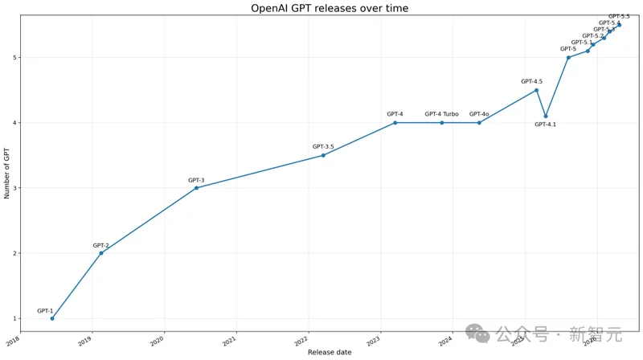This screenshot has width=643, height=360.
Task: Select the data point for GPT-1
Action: click(52, 318)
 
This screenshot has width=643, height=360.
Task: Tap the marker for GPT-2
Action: click(101, 253)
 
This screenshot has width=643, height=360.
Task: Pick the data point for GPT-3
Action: click(196, 188)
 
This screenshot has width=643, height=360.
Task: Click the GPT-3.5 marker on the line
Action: click(323, 155)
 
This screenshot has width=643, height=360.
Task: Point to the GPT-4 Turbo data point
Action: click(441, 123)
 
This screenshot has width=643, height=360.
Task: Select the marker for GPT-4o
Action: click(479, 123)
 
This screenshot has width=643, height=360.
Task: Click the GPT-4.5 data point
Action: click(537, 90)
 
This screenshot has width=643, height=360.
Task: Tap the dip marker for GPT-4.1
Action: click(546, 117)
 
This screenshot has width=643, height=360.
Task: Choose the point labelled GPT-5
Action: click(568, 57)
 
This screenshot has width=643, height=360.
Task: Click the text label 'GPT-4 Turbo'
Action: click(441, 114)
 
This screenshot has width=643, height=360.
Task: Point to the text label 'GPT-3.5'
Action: click(323, 146)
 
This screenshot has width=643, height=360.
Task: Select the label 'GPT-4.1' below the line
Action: click(546, 125)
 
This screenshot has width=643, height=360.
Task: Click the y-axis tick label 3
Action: click(15, 188)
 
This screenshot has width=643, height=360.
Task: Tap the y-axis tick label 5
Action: click(15, 58)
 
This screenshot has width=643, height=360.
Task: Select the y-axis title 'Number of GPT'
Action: click(7, 173)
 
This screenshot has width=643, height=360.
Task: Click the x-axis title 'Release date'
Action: click(329, 353)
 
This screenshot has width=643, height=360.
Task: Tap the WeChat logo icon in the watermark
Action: click(477, 333)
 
